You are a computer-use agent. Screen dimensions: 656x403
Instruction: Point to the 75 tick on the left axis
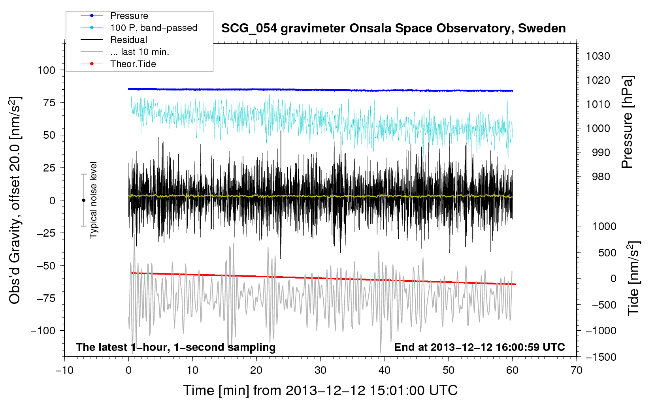click(x=49, y=103)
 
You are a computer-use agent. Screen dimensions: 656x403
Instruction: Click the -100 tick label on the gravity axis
click(x=43, y=331)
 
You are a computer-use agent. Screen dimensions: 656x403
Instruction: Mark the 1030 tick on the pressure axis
click(x=598, y=56)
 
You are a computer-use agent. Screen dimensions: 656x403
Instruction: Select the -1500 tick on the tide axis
click(x=601, y=357)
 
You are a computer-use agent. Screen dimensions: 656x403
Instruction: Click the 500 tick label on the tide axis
click(x=607, y=253)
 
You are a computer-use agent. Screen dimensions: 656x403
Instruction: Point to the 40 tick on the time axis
click(x=384, y=370)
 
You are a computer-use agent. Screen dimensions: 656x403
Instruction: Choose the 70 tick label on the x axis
click(x=576, y=370)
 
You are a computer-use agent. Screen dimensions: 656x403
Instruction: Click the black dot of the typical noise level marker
click(x=83, y=200)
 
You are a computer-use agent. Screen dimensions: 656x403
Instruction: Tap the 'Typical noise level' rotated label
click(x=93, y=200)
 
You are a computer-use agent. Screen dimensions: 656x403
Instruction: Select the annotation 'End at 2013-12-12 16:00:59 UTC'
click(x=479, y=347)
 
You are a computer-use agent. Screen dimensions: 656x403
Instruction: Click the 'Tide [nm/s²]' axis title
click(x=634, y=278)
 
